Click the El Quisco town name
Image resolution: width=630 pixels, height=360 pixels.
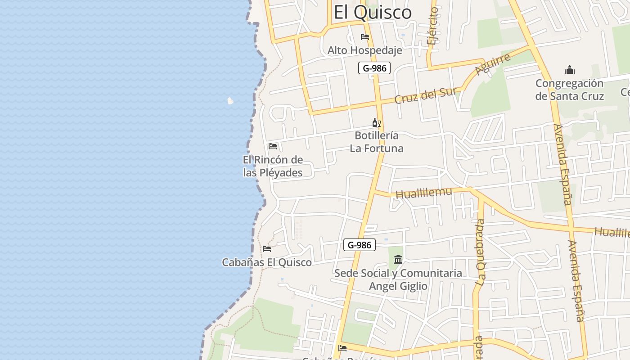(373, 13)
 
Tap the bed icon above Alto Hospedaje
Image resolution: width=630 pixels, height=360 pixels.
(364, 37)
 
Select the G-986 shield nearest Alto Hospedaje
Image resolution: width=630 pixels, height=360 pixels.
(374, 68)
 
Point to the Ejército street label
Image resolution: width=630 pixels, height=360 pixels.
(433, 26)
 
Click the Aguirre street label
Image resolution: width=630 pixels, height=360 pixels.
(493, 64)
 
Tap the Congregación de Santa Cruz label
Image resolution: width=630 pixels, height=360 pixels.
(569, 90)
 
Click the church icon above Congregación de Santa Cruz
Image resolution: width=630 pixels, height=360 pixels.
(570, 70)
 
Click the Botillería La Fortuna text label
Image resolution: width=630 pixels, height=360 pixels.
(377, 142)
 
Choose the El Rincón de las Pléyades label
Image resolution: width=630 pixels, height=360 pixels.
(273, 166)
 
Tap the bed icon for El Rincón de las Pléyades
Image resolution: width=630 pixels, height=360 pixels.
(273, 146)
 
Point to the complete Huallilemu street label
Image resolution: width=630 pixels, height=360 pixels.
(423, 193)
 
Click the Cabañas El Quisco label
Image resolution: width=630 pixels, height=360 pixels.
(267, 262)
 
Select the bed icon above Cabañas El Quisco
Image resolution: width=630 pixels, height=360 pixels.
(267, 248)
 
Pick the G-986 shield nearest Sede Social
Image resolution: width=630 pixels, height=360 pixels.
(359, 245)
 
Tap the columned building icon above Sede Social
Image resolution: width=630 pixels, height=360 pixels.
(398, 259)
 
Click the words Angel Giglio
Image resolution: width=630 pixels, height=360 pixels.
(398, 286)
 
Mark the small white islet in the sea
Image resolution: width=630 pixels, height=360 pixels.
(230, 101)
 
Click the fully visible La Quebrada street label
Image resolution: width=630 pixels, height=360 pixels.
(481, 252)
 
